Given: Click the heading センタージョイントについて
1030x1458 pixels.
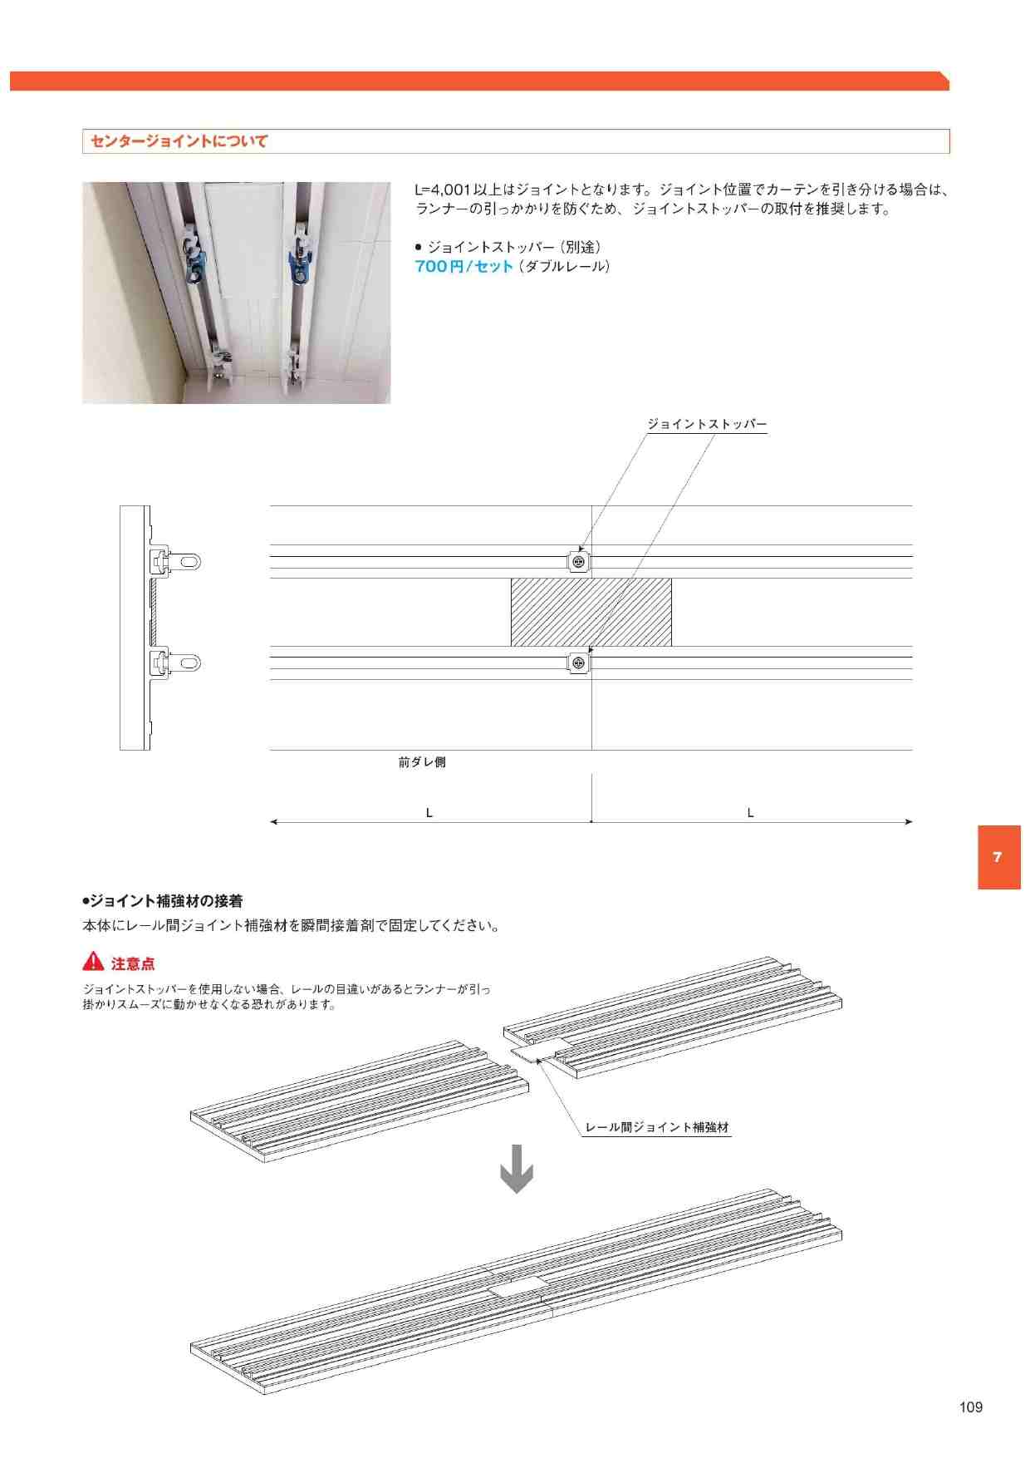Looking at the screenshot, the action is [179, 141].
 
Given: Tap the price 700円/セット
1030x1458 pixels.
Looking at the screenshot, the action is [464, 267].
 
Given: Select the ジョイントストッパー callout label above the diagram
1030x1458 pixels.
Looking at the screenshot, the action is [707, 424].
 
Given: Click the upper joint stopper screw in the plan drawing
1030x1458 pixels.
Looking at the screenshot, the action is [580, 563].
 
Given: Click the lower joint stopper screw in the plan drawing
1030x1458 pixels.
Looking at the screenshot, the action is [580, 663].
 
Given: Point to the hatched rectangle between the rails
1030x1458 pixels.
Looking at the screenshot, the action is [591, 613].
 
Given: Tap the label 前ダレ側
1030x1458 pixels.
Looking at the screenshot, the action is [422, 761].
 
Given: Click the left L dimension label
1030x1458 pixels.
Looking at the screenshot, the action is [429, 813].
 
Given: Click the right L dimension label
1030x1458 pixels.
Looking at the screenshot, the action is [750, 813].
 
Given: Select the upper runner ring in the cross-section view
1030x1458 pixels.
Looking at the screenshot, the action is [191, 562].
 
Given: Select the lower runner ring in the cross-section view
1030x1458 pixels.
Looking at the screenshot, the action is [191, 663].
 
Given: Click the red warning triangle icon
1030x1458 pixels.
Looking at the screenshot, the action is [93, 962].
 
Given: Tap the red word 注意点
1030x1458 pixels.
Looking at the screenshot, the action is [133, 963].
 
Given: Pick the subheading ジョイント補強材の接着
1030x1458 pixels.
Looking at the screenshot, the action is [163, 901].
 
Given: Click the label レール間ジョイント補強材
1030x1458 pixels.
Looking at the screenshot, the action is [657, 1127].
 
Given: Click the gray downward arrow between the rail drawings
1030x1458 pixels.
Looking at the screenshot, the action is [516, 1169].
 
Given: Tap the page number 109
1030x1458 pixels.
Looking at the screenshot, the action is [970, 1407].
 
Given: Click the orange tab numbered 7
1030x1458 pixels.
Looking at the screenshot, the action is [998, 858].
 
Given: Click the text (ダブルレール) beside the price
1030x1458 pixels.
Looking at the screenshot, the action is [565, 267].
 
